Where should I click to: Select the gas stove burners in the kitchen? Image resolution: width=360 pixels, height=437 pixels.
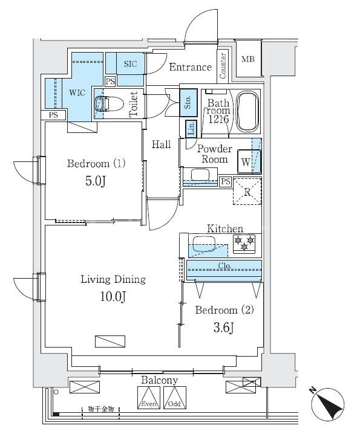[x=245, y=244]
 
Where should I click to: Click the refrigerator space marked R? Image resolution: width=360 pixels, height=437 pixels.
[x=247, y=191]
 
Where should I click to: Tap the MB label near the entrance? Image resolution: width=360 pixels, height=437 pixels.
[x=248, y=59]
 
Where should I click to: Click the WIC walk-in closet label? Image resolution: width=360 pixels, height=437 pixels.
[x=76, y=94]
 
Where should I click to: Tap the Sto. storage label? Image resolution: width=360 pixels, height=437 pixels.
[x=188, y=100]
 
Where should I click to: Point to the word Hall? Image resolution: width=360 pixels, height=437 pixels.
[x=161, y=144]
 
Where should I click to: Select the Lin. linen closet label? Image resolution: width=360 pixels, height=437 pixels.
[x=191, y=128]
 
